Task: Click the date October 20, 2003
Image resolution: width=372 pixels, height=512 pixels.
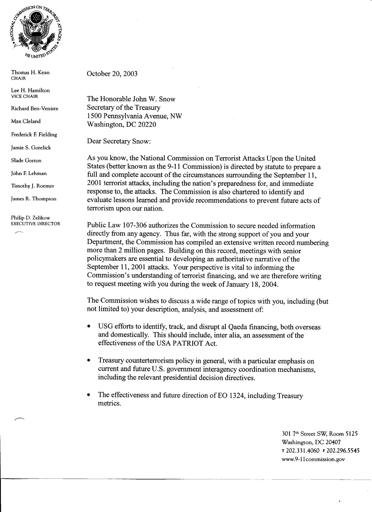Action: pos(112,74)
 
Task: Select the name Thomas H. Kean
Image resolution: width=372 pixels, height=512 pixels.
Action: pos(30,72)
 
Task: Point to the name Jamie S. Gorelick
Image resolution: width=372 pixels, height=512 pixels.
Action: pos(31,148)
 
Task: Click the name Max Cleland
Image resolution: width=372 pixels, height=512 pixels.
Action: pos(26,121)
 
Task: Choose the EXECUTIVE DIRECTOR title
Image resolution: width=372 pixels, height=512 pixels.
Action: pos(35,224)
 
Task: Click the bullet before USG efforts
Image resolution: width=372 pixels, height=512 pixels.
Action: pos(89,326)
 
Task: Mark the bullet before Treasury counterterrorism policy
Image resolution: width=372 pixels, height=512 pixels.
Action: pos(89,361)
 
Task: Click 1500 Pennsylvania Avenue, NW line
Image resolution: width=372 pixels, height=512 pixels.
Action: pos(135,116)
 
